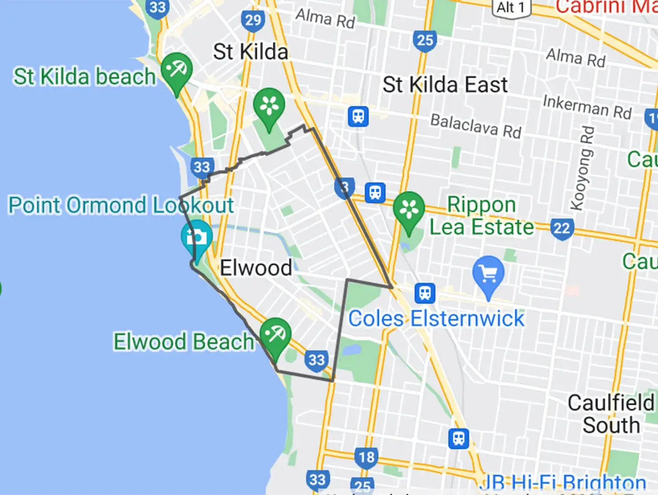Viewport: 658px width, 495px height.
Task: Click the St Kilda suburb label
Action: [250, 52]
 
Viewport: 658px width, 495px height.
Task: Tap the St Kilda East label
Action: [445, 85]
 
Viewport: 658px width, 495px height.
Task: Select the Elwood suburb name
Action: [256, 268]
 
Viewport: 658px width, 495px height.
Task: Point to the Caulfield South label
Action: [611, 414]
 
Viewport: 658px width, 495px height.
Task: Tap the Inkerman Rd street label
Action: [587, 107]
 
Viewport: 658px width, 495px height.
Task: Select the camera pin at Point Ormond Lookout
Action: [197, 237]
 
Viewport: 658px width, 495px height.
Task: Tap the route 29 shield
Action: [253, 20]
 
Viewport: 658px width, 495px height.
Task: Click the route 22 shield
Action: [562, 229]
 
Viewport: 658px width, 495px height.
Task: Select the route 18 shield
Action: [367, 457]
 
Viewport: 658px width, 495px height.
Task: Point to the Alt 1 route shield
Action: [511, 8]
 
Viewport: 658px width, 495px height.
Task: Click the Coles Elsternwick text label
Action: [436, 318]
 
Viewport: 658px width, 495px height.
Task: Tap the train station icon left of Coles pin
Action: [425, 293]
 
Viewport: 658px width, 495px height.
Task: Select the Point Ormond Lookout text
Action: [121, 205]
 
